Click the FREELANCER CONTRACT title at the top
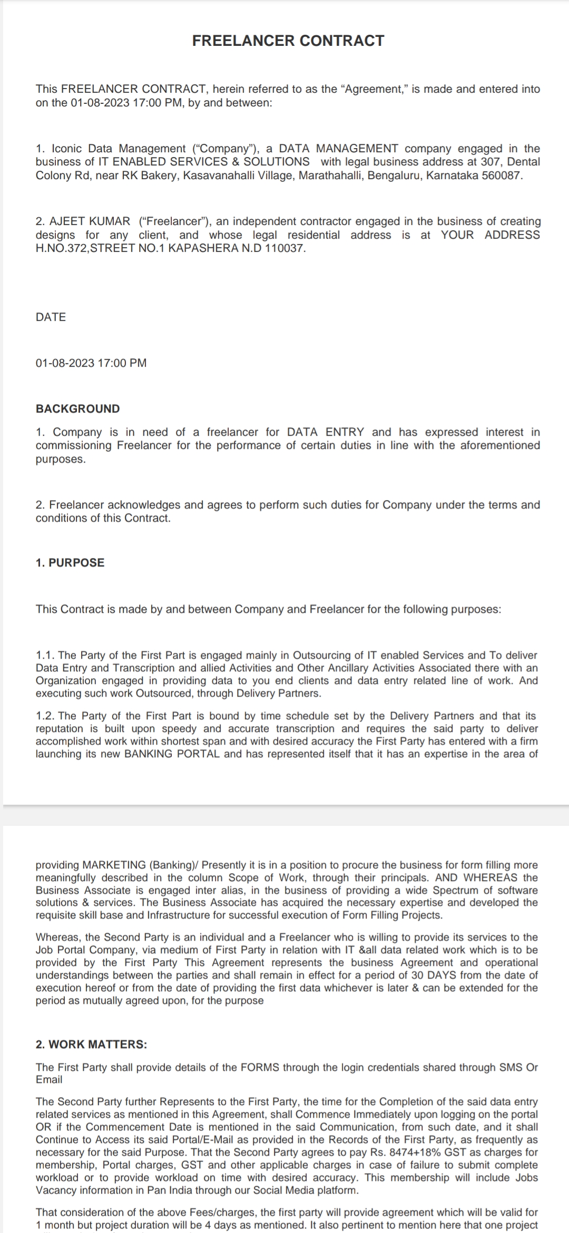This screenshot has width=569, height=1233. point(288,41)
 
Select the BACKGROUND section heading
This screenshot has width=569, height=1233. point(77,409)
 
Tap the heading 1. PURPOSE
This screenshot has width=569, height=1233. point(70,563)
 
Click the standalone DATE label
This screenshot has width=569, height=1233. point(51,317)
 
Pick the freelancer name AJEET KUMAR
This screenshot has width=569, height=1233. point(90,221)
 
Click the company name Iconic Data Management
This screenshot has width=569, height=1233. point(119,149)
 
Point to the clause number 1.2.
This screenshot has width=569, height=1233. point(45,716)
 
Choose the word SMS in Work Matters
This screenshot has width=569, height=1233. point(509,1068)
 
